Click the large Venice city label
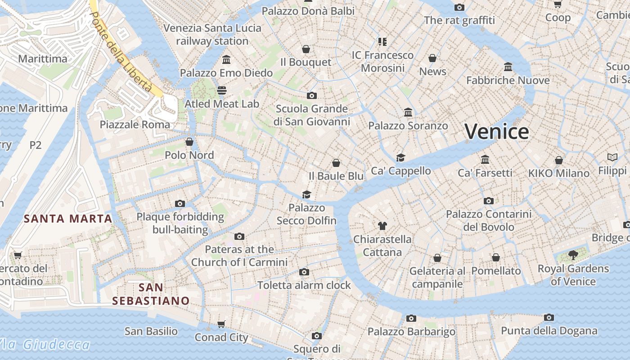point(496,132)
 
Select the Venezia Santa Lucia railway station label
point(212,34)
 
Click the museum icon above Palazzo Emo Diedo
point(226,59)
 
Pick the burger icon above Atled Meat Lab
point(221,90)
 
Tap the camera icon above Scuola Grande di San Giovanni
point(311,95)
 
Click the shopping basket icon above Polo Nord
point(189,142)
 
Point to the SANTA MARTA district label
point(67,219)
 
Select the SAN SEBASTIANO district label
point(151,294)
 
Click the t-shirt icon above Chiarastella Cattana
point(382,225)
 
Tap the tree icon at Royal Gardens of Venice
point(573,255)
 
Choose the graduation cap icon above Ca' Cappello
point(400,157)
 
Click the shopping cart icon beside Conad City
point(221,324)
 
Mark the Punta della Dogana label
point(549,331)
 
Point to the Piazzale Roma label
point(135,125)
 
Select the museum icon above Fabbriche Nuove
point(508,67)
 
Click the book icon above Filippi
point(612,157)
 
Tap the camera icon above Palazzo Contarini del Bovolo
point(489,201)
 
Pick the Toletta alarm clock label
point(304,285)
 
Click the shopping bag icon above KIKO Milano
point(558,160)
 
